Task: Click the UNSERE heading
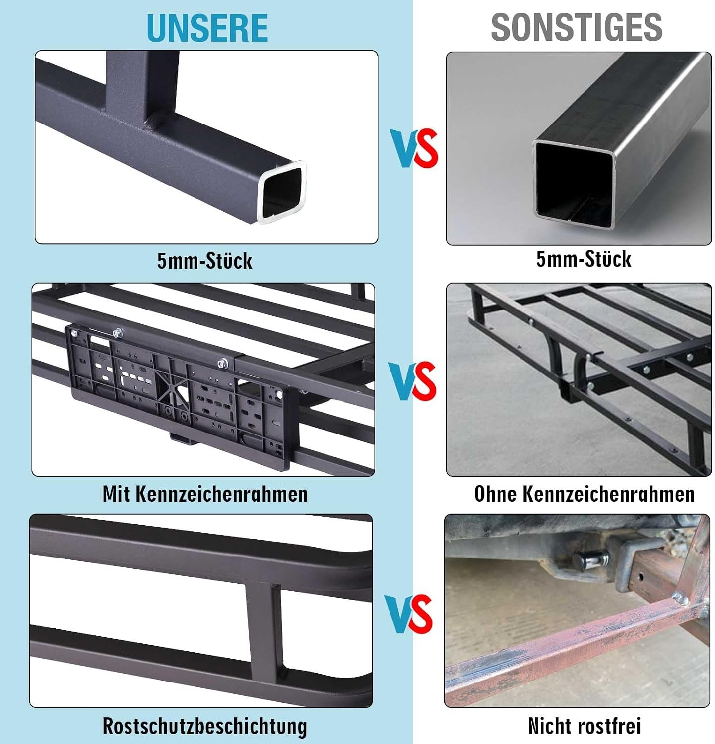pos(207,28)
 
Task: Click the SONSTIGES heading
pos(577,27)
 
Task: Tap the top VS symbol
pos(414,148)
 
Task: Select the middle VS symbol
pos(412,381)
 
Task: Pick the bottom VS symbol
pos(408,614)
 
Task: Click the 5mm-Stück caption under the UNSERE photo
pos(205,261)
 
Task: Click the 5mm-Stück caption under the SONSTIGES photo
pos(584,259)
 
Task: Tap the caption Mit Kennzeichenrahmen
pos(205,494)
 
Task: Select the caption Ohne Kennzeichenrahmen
pos(584,494)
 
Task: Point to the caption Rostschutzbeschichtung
pos(205,726)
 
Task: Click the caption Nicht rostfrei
pos(585,726)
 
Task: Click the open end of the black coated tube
pos(282,192)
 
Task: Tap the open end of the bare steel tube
pos(574,184)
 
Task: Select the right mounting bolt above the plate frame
pos(222,363)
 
